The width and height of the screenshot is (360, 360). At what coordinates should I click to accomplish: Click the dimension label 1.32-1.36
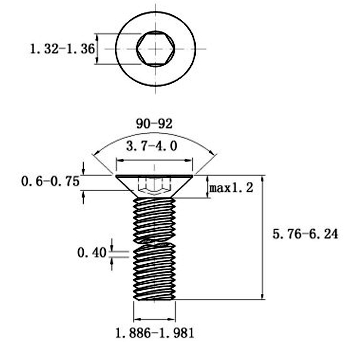tap(62, 49)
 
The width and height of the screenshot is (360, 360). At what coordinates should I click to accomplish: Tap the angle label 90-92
tap(154, 124)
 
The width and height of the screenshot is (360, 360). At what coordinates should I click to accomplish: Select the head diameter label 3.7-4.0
tap(152, 146)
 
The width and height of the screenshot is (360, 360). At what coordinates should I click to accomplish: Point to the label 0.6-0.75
tap(50, 181)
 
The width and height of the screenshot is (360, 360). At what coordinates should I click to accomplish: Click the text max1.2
tap(231, 188)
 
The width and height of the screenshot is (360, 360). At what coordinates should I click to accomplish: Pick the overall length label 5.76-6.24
tap(306, 234)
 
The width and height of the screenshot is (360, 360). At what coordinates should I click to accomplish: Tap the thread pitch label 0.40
tap(92, 253)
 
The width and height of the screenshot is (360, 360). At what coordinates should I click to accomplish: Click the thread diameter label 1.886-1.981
tap(155, 333)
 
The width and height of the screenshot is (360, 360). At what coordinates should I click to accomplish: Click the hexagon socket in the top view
tap(156, 49)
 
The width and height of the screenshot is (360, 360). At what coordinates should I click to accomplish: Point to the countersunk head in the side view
tap(154, 186)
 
